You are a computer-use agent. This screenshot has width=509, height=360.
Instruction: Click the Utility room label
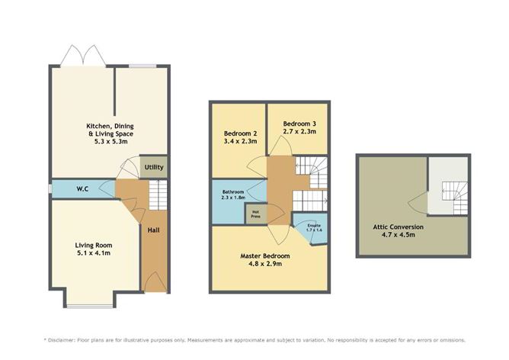pyautogui.click(x=152, y=167)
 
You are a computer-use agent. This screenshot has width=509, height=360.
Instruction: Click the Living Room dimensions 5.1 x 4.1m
pyautogui.click(x=93, y=253)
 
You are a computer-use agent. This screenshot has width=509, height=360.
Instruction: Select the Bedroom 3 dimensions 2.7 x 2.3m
pyautogui.click(x=300, y=131)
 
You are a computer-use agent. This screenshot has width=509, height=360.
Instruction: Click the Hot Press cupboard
pyautogui.click(x=255, y=214)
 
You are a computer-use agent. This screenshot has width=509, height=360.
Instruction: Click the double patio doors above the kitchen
pyautogui.click(x=82, y=56)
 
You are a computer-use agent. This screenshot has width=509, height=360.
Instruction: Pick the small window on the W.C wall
pyautogui.click(x=50, y=188)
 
